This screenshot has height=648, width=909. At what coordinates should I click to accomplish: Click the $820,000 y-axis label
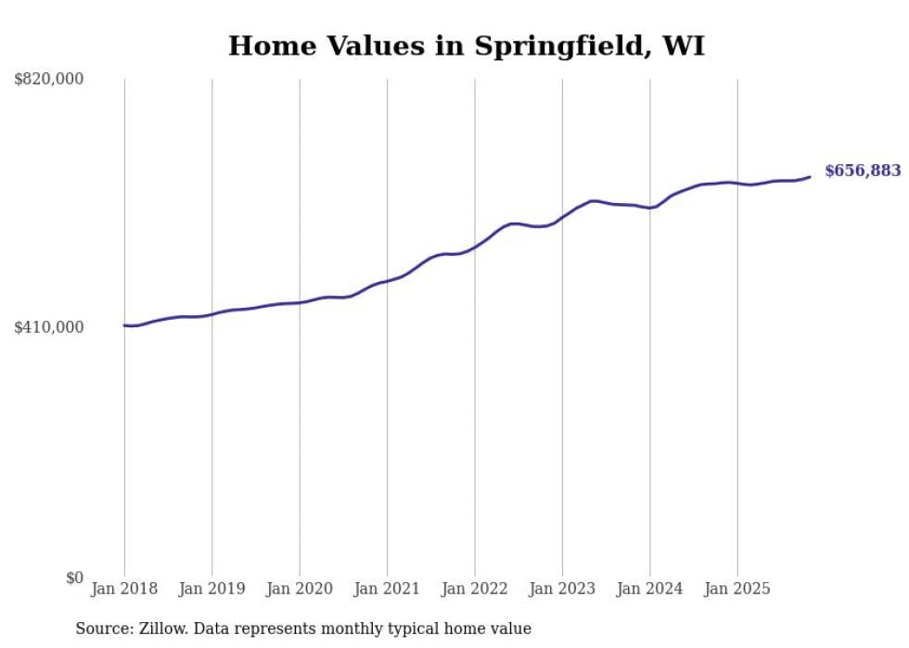coord(49,80)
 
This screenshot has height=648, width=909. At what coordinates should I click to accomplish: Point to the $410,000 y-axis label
coord(49,327)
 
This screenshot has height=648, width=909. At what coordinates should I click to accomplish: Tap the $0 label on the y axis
coord(74,578)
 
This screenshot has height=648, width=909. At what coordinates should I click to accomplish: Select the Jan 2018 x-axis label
coord(124,589)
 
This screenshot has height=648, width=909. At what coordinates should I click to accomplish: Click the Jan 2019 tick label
coord(211,589)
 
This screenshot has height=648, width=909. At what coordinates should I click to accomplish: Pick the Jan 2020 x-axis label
coord(300,589)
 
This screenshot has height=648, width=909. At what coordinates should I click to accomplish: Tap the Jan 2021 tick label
coord(387,589)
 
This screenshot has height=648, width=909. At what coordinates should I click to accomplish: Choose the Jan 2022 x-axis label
coord(475,589)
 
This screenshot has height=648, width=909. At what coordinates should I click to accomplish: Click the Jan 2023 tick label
coord(562,589)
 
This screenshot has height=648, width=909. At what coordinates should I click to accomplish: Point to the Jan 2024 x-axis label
coord(650,589)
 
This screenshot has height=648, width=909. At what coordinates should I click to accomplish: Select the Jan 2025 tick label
coord(737,589)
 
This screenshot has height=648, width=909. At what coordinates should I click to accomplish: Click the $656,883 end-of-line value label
coord(862,171)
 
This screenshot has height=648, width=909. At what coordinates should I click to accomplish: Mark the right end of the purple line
coord(810,176)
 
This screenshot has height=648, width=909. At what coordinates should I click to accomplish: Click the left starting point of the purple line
coord(124,325)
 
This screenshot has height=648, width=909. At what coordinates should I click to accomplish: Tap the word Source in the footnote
coord(101,629)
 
